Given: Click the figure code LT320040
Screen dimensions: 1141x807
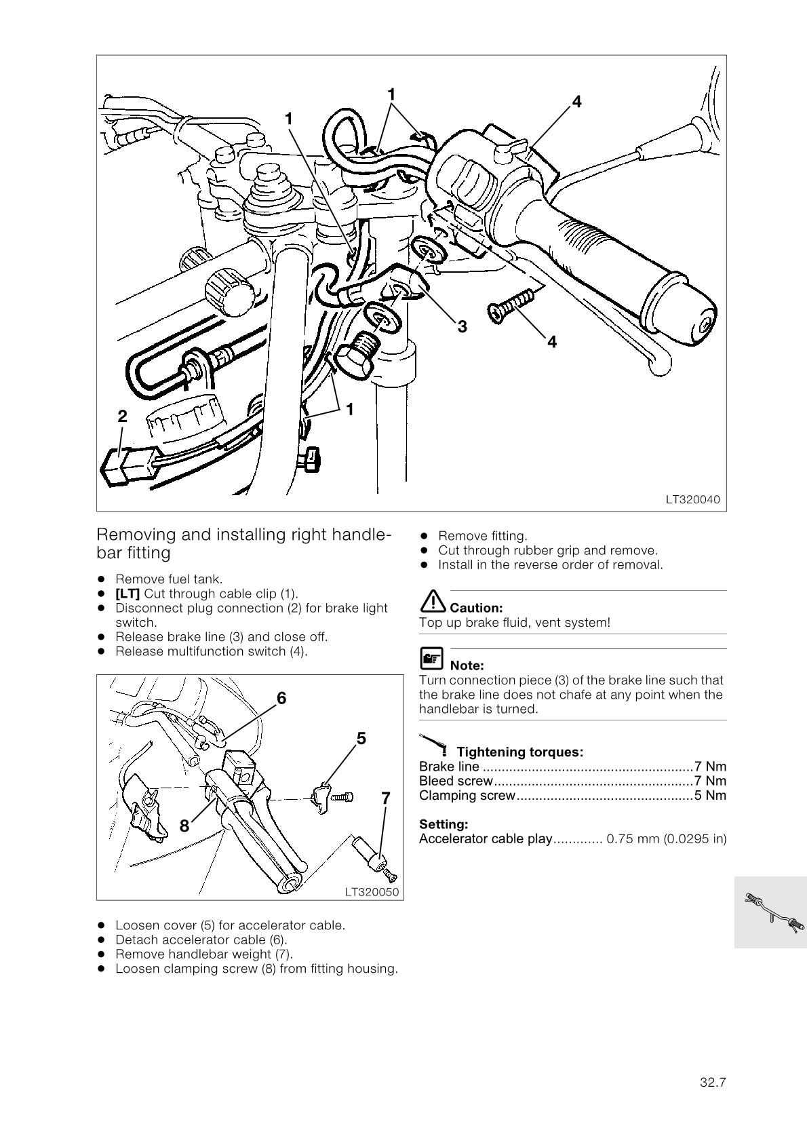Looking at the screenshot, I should pyautogui.click(x=692, y=500).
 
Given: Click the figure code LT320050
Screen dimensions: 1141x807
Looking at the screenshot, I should pyautogui.click(x=372, y=892).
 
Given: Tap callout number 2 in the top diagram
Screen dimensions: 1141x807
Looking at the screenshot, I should pyautogui.click(x=122, y=416).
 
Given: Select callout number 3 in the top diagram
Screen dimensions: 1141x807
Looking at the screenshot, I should pyautogui.click(x=462, y=327).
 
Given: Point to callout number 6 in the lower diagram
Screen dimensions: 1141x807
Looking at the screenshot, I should pyautogui.click(x=281, y=698).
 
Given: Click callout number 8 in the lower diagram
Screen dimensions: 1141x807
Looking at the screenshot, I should pyautogui.click(x=184, y=826).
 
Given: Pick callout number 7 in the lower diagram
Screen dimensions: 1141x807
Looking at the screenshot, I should pyautogui.click(x=385, y=798).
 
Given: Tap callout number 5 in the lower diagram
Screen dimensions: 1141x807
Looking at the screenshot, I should pyautogui.click(x=361, y=738).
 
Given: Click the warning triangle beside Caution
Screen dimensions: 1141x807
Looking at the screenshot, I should pyautogui.click(x=432, y=601).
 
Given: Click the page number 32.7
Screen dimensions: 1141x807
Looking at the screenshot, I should pyautogui.click(x=713, y=1083).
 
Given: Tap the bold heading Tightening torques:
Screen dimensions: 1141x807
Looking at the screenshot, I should pyautogui.click(x=519, y=752).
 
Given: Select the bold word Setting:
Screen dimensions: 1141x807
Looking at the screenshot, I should pyautogui.click(x=444, y=824).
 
